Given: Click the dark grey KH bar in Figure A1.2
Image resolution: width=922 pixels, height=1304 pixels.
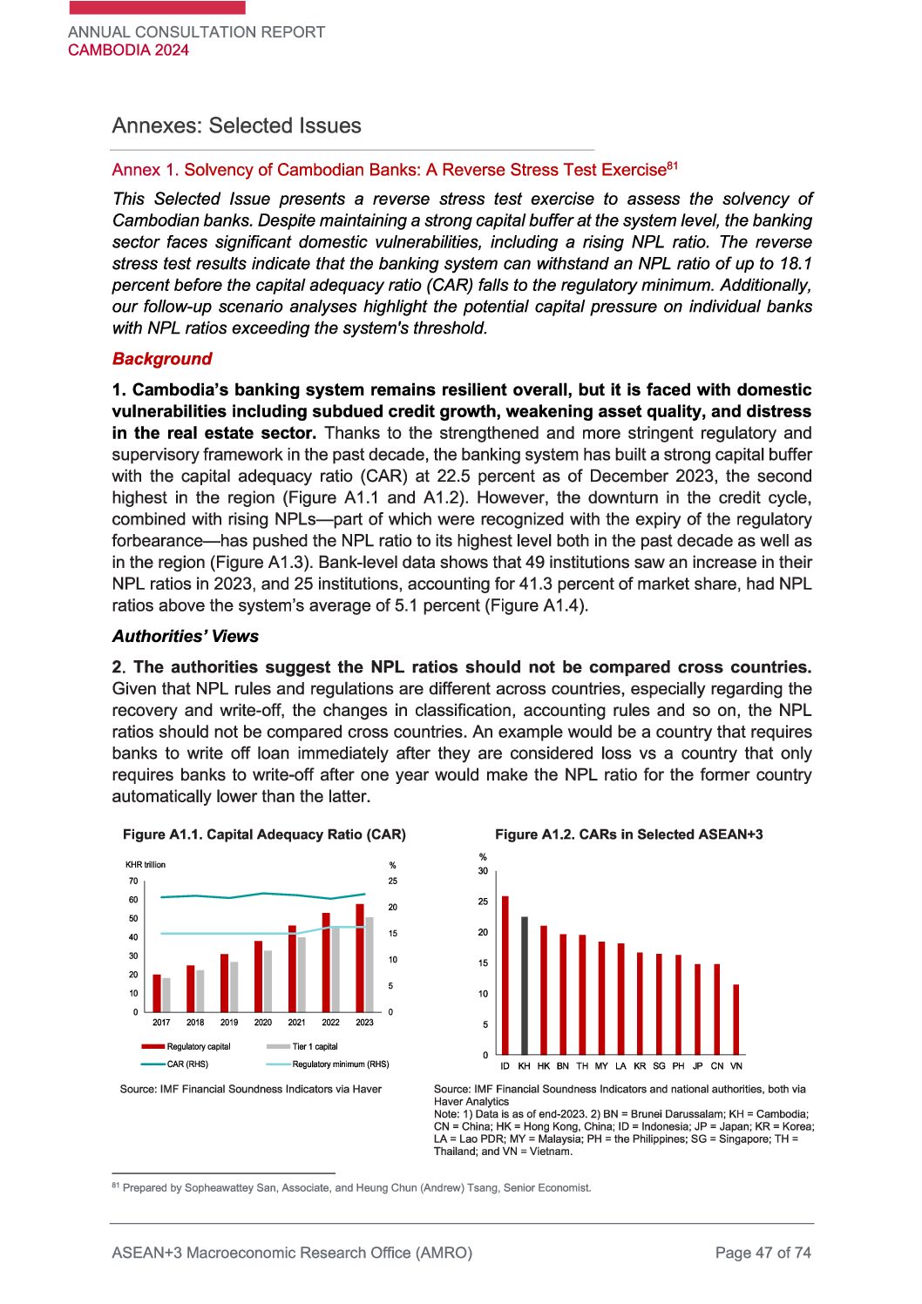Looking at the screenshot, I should (x=525, y=985).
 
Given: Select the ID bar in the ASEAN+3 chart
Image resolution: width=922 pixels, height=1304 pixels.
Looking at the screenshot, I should (x=505, y=975).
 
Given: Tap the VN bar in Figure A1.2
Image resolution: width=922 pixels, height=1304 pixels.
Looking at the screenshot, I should (x=736, y=1019).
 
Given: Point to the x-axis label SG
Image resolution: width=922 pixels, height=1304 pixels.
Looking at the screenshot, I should (x=659, y=1065).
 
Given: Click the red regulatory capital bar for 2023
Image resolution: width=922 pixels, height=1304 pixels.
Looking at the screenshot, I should (x=360, y=957).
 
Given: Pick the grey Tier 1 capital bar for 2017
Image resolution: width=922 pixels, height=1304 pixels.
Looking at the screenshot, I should (x=166, y=995).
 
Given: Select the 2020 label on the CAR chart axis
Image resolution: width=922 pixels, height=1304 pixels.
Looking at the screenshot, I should (x=262, y=1023).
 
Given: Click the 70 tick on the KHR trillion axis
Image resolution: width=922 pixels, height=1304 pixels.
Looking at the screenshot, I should (x=133, y=881).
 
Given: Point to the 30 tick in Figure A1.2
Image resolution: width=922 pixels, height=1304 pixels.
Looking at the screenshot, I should (x=483, y=871).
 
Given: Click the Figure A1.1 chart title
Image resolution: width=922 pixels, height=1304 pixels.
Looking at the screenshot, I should (x=264, y=834).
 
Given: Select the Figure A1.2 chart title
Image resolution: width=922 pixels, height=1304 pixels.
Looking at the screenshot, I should (x=628, y=834).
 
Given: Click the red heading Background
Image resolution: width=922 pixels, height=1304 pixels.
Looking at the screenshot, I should (x=162, y=359).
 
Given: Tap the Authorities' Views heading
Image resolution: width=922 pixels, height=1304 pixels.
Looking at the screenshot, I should (x=186, y=636).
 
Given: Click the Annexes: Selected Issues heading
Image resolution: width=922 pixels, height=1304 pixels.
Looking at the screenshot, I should (x=236, y=125).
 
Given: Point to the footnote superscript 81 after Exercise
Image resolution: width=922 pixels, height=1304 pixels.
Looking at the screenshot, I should (x=673, y=165).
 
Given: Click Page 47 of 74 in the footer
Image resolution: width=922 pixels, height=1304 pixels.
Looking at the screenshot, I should (x=763, y=1253).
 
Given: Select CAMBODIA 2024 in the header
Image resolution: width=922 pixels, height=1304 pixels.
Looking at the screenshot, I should (x=128, y=50).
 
